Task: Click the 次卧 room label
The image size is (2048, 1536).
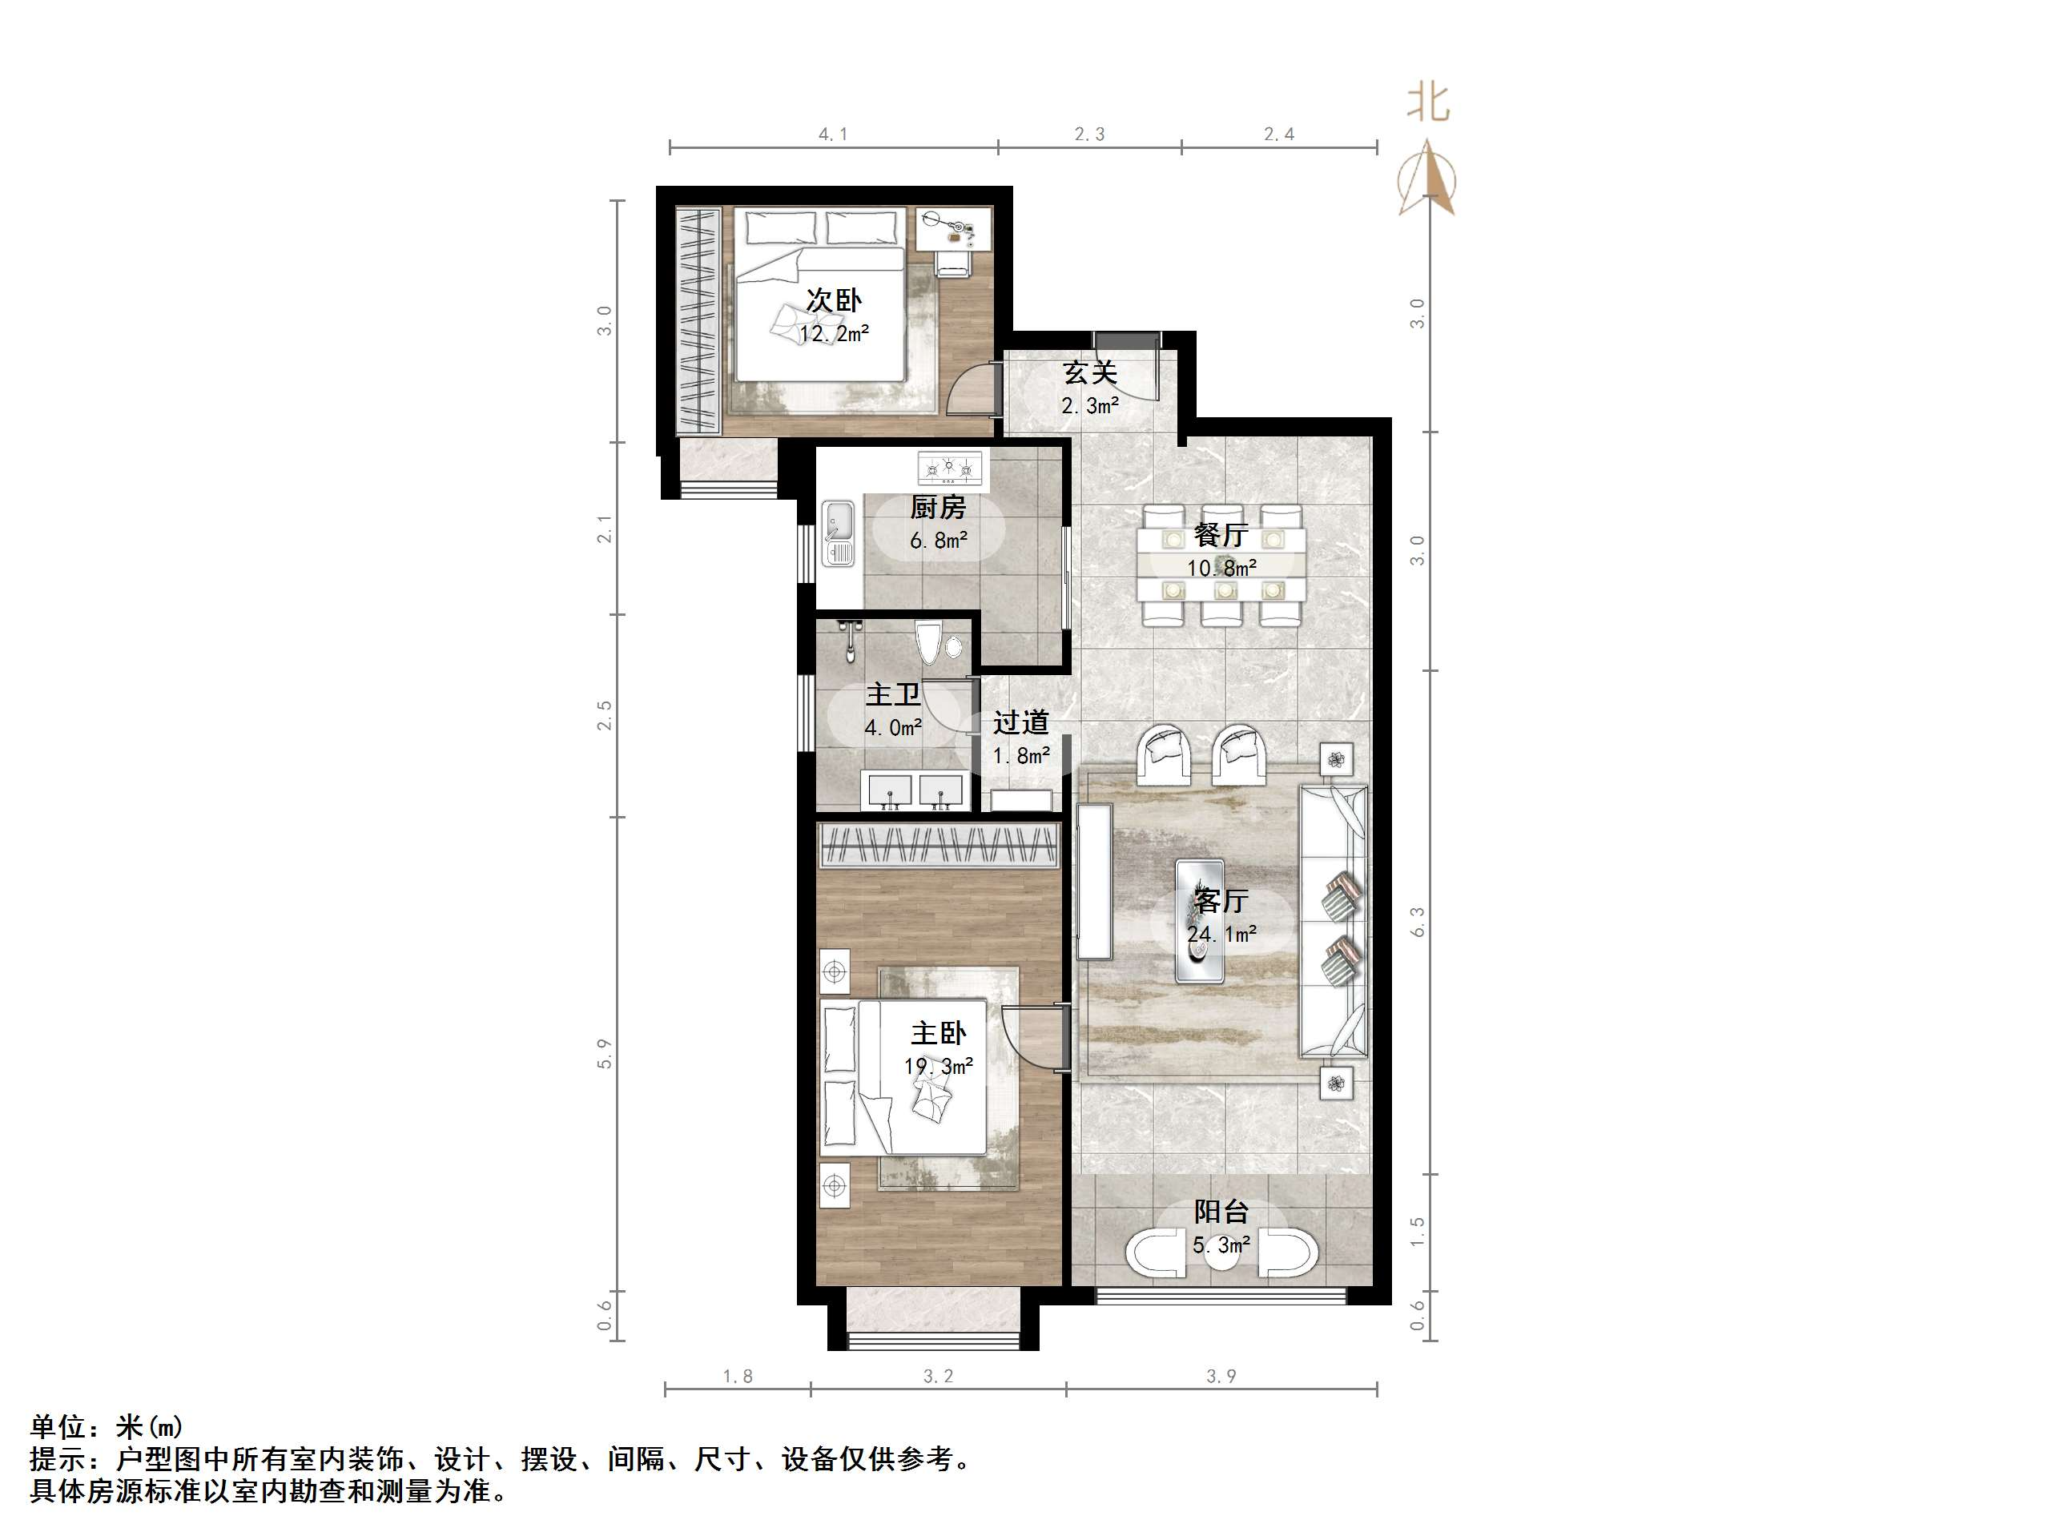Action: click(833, 300)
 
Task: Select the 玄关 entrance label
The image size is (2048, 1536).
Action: click(1090, 372)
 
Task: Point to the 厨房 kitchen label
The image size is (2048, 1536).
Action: click(938, 508)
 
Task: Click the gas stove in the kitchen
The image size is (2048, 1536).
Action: click(948, 468)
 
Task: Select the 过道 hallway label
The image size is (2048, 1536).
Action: click(1020, 722)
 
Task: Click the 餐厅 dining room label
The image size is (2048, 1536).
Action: click(1221, 535)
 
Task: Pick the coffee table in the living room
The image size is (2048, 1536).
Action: click(1200, 920)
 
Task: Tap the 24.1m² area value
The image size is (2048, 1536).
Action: click(1221, 935)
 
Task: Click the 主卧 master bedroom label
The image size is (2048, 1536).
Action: click(938, 1033)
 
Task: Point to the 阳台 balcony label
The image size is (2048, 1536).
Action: click(1221, 1212)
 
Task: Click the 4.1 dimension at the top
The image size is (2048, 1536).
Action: click(832, 135)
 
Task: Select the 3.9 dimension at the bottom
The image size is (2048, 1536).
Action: click(1221, 1377)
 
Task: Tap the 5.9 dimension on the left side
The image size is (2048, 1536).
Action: click(605, 1054)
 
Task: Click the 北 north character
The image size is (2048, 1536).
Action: click(1428, 102)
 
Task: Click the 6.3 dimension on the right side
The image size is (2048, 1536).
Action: click(1417, 921)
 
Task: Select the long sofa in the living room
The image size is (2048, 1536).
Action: click(1334, 921)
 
